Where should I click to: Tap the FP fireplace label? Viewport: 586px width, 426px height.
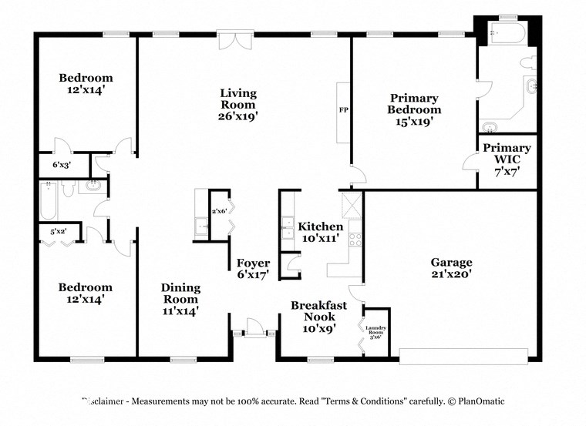tap(343, 110)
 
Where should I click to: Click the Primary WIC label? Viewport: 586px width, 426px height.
tap(507, 154)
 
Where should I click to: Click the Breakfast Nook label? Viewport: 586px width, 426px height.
tap(318, 311)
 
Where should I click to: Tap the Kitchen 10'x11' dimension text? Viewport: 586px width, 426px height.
tap(321, 238)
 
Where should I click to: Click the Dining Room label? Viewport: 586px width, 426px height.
tap(180, 294)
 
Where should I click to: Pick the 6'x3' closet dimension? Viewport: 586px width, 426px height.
tap(61, 165)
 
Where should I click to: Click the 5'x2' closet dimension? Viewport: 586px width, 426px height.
tap(58, 230)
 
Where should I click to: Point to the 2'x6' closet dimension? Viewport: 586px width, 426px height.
tap(220, 211)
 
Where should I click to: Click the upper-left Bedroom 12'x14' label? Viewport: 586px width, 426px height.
tap(86, 83)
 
